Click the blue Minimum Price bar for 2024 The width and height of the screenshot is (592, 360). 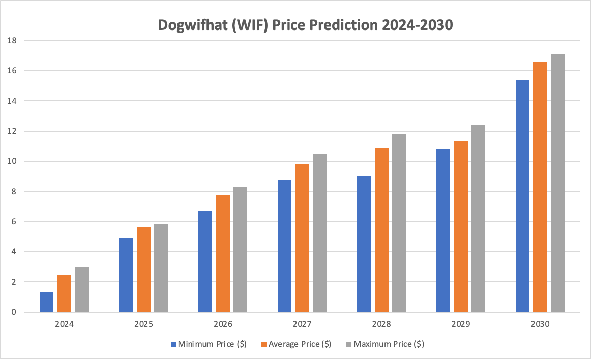point(46,302)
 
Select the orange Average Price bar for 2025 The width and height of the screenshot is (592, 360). point(143,269)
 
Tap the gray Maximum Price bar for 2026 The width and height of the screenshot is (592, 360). point(240,250)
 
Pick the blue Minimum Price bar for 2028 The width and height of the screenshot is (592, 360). point(364,244)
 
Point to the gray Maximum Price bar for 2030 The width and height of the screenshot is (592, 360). point(557,183)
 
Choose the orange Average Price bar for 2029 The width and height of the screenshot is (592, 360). point(461,226)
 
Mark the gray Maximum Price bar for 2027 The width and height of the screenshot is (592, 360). point(319,233)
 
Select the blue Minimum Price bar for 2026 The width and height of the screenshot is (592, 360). point(205,261)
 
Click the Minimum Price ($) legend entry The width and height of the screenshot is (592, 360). point(209,344)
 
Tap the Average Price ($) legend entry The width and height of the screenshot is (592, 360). point(296,344)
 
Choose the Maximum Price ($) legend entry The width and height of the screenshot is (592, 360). point(385,344)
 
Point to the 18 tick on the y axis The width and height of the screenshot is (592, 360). point(12,40)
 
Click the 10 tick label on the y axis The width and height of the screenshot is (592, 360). point(12,161)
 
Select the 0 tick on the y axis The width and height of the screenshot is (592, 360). point(14,312)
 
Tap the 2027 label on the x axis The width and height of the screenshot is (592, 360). point(302,324)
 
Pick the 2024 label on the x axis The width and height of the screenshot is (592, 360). point(64,324)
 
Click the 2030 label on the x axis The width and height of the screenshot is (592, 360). point(540,324)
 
